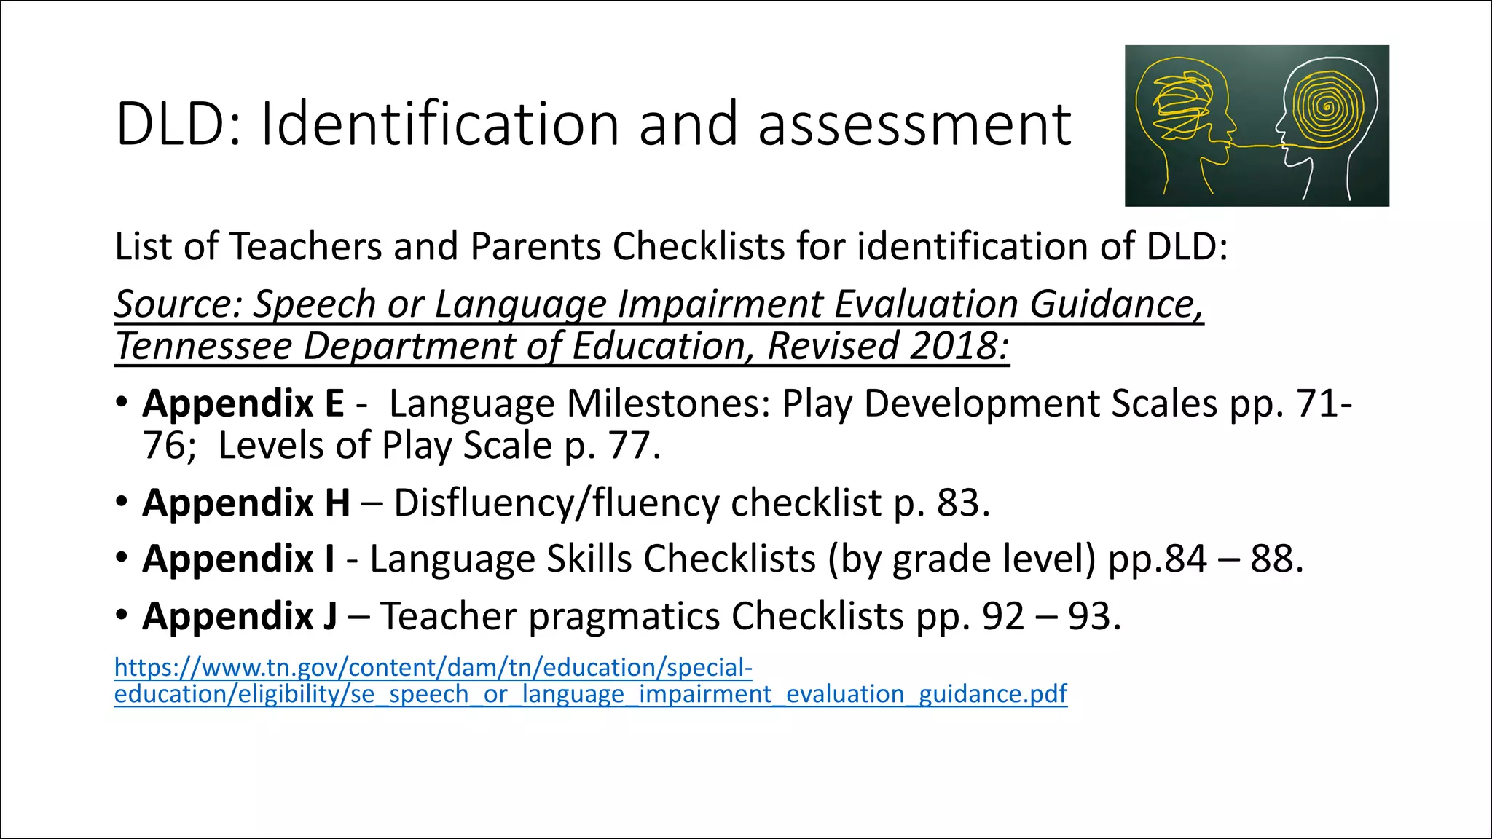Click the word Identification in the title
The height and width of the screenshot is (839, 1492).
coord(439,125)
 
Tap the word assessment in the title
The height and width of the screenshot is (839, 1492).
coord(914,125)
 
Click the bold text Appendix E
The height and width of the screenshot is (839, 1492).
coord(243,403)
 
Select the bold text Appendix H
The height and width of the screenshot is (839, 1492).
coord(246,503)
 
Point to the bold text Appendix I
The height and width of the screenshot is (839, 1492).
coord(239,559)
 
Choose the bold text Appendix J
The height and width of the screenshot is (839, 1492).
coord(240,616)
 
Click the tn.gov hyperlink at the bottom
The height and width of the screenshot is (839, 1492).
coord(590,681)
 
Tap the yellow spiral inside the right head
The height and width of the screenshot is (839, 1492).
coord(1327,110)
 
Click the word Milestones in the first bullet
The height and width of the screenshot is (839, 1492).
coord(668,403)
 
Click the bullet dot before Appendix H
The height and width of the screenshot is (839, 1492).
coord(122,503)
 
